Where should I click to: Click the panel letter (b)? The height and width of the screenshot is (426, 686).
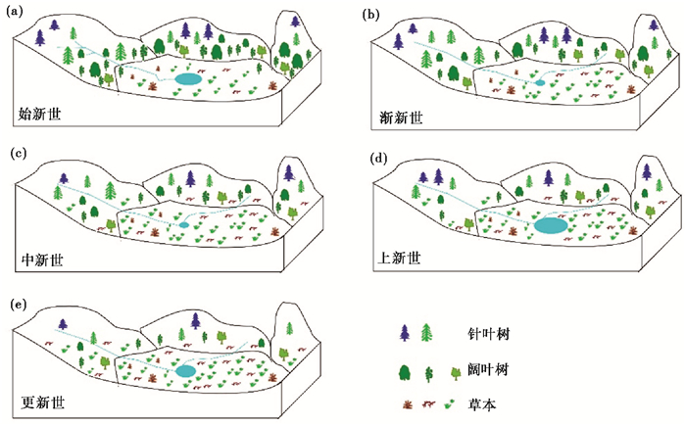click(x=373, y=14)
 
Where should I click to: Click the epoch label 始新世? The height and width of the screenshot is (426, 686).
click(x=41, y=116)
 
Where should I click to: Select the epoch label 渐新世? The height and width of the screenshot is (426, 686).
click(x=401, y=117)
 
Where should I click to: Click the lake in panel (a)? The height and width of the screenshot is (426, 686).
click(x=186, y=78)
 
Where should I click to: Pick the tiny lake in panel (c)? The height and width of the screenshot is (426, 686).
click(x=183, y=225)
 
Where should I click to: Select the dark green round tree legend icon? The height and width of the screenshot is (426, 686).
click(x=405, y=370)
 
